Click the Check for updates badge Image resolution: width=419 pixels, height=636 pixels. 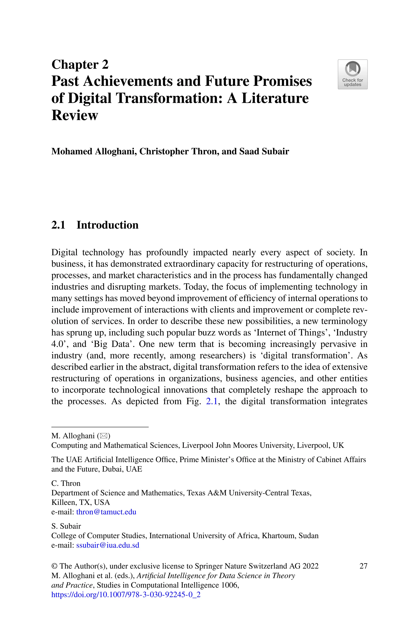pos(353,74)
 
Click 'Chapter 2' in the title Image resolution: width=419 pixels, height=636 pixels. pos(80,65)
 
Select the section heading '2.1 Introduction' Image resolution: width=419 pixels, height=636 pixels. pos(95,225)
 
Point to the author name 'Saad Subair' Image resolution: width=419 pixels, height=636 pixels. pos(264,151)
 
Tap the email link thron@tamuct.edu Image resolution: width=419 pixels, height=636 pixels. pos(106,512)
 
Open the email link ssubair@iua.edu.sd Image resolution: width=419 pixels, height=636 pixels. pos(108,545)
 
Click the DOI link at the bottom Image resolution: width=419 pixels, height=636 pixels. pos(126,595)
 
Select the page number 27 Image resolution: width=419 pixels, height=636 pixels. pos(363,566)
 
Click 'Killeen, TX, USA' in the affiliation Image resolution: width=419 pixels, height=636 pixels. pos(80,502)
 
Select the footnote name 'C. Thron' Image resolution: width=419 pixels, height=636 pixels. pos(66,483)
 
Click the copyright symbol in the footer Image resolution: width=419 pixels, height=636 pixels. pos(54,566)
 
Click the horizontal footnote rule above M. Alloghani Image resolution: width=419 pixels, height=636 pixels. pos(100,427)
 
